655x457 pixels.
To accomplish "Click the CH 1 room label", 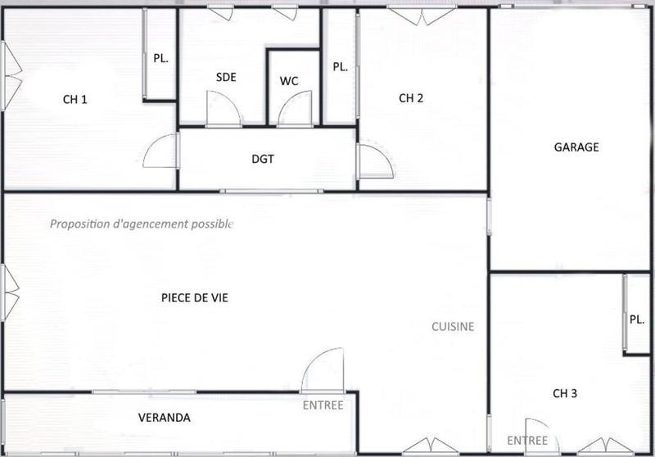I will point(75,100).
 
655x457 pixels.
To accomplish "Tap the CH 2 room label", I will point(411,98).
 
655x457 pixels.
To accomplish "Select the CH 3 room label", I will point(565,394).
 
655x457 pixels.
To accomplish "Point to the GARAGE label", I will point(576,147).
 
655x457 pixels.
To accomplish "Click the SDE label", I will point(226,78).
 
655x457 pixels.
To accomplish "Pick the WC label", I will point(289,81).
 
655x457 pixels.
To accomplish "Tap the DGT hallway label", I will point(262,159).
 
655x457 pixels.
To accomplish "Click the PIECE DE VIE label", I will point(195,298).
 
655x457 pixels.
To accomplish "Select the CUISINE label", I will point(453,326).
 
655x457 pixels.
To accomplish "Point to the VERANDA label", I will point(164,418).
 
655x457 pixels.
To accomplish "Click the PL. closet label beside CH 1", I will point(160,58).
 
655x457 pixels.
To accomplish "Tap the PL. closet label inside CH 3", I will point(637,319).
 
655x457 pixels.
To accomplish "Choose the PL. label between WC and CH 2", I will point(340,68).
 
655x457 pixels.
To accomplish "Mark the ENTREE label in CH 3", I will point(527,441).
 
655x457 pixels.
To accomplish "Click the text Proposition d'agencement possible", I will point(142,224).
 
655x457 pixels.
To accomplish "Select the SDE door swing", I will point(223,110).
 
